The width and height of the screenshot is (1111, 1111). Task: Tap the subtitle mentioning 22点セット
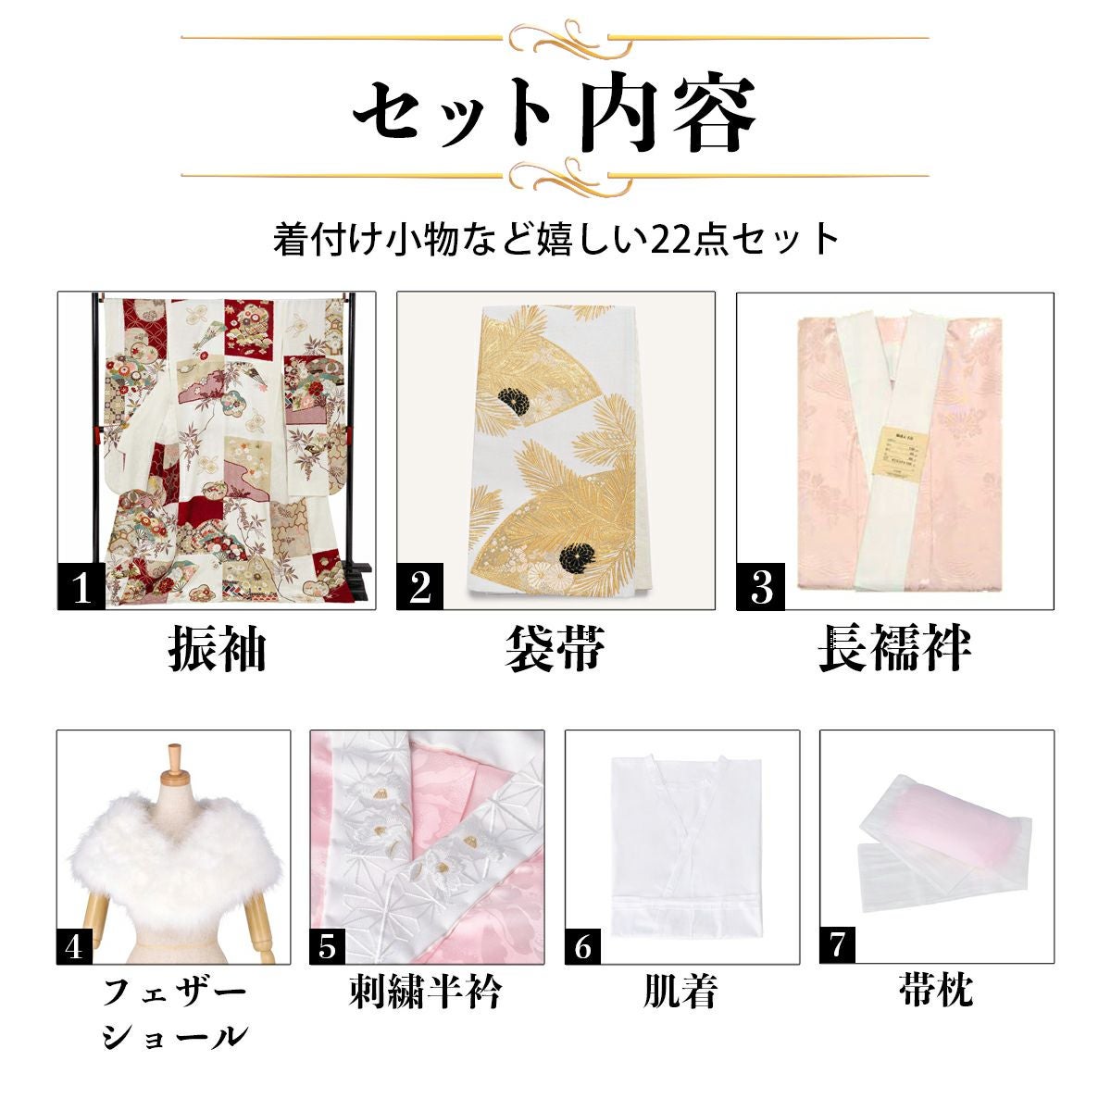click(x=555, y=239)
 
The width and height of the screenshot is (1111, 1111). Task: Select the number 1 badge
click(x=81, y=587)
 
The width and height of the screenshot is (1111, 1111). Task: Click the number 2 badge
click(x=419, y=587)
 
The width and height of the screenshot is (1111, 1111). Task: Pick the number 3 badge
click(x=760, y=587)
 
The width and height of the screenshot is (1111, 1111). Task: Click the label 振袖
click(x=217, y=649)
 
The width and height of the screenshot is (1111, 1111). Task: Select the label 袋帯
click(x=555, y=649)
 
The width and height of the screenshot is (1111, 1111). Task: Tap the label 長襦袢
click(x=894, y=649)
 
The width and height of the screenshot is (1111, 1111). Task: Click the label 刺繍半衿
click(x=426, y=992)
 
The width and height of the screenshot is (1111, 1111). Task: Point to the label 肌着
click(x=681, y=992)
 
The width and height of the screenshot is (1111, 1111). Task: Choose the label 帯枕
click(x=936, y=991)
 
